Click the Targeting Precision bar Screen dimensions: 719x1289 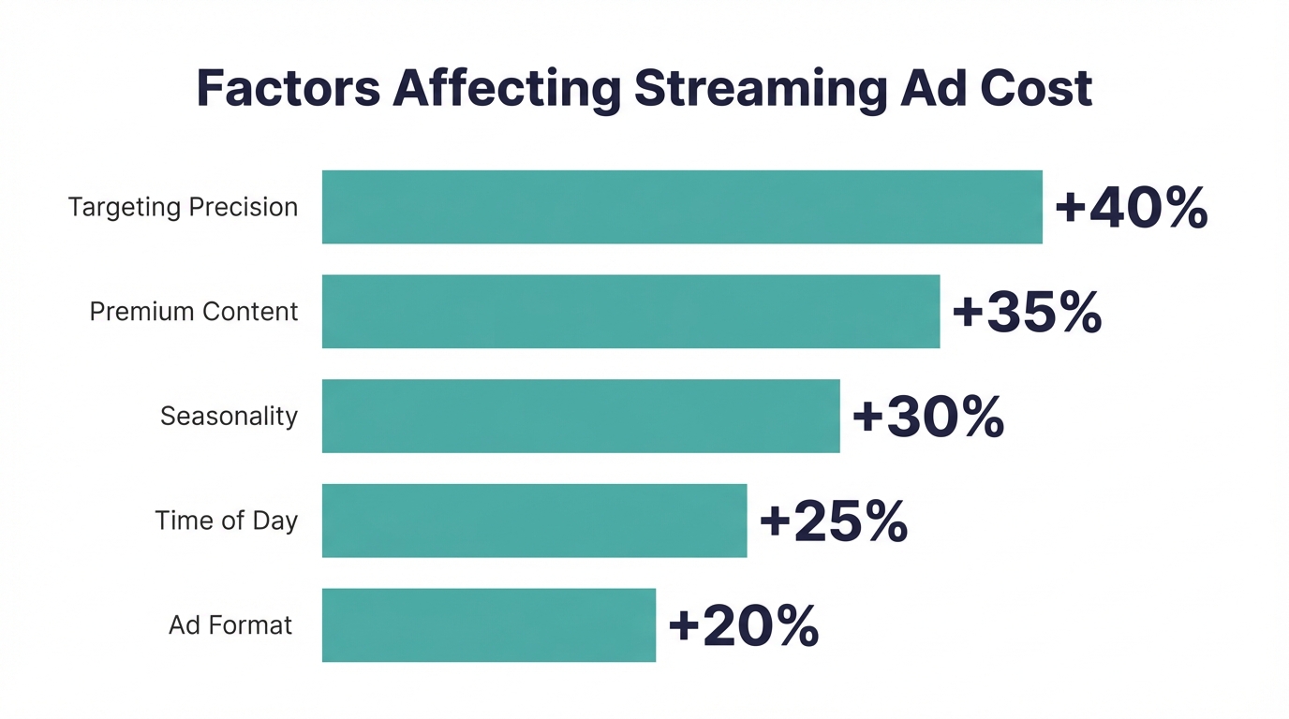[682, 207]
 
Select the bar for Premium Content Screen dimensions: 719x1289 [630, 312]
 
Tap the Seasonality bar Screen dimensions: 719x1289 [581, 416]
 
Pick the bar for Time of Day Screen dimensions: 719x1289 [534, 521]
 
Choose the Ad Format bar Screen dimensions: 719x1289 [489, 625]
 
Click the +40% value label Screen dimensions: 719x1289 [1131, 208]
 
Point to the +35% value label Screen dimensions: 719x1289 [1027, 313]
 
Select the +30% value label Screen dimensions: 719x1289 [927, 417]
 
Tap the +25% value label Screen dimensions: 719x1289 [833, 521]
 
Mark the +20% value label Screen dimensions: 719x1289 [743, 626]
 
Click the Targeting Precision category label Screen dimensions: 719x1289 [183, 208]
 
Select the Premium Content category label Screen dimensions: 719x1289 [194, 312]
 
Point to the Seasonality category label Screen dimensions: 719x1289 [229, 417]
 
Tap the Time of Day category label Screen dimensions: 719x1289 [226, 521]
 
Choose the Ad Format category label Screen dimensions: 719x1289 [230, 625]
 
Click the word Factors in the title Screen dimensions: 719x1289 [288, 88]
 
